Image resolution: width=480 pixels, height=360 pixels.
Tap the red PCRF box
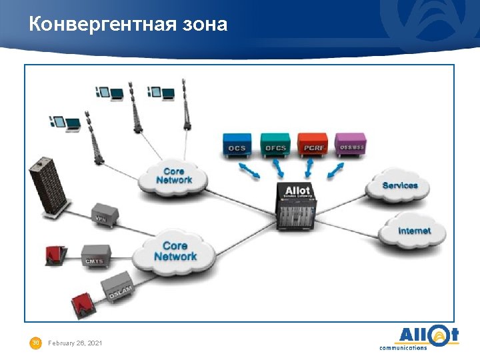pyautogui.click(x=313, y=145)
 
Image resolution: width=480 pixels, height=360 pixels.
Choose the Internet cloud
pyautogui.click(x=413, y=231)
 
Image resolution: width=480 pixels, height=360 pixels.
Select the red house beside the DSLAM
pyautogui.click(x=82, y=303)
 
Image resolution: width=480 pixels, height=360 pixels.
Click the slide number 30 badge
pyautogui.click(x=36, y=343)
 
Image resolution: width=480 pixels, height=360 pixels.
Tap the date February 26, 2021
pyautogui.click(x=75, y=343)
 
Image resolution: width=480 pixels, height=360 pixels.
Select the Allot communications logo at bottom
pyautogui.click(x=419, y=337)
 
